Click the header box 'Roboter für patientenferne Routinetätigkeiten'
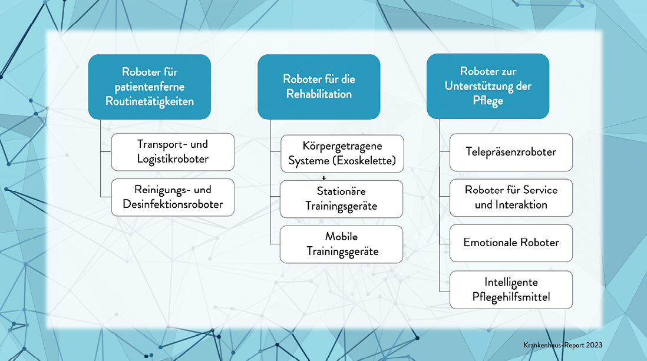(x=149, y=87)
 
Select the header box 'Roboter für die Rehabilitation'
(x=319, y=87)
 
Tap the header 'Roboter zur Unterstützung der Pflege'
(x=488, y=86)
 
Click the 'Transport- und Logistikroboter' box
(x=173, y=152)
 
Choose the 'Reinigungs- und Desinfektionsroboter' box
(x=173, y=197)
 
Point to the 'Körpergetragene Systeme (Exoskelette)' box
(x=342, y=154)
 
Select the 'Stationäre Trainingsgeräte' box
(x=341, y=199)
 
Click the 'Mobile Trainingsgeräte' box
(x=341, y=244)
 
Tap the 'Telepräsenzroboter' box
(x=511, y=153)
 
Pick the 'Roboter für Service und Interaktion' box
(x=511, y=198)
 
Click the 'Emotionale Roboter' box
(x=511, y=243)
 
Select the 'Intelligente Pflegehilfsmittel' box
(x=511, y=290)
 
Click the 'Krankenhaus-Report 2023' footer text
(x=563, y=345)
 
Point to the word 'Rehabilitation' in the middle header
(x=319, y=94)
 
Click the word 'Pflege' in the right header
(x=488, y=101)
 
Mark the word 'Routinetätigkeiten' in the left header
(x=149, y=101)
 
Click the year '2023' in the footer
(x=594, y=345)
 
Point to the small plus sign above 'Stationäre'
(x=324, y=178)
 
